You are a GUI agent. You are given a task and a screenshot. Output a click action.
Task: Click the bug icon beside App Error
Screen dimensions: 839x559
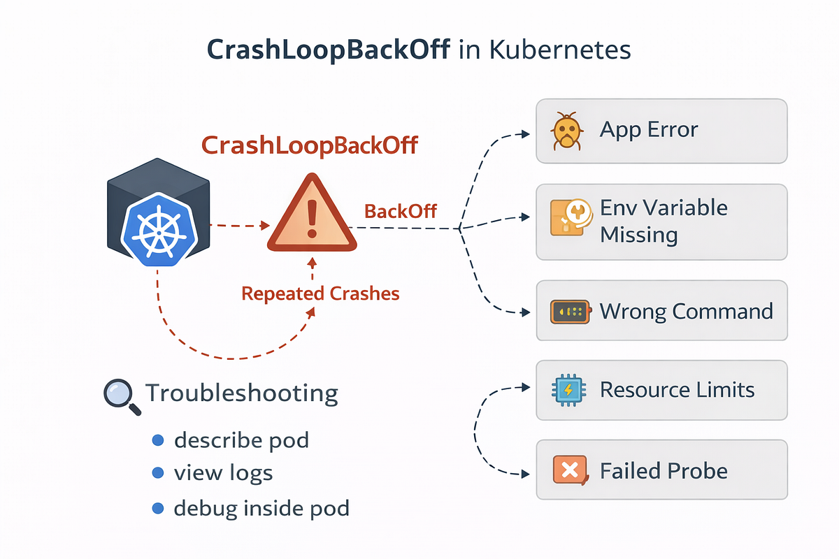(x=567, y=131)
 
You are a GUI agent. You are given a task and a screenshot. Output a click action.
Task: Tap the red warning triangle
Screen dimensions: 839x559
(x=312, y=213)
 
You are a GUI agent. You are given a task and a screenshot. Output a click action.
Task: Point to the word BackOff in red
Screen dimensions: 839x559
(x=401, y=211)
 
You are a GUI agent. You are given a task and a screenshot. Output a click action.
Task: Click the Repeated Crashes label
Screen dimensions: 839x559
(x=320, y=293)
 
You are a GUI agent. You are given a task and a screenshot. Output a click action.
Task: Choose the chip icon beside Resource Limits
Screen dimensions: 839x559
(x=568, y=390)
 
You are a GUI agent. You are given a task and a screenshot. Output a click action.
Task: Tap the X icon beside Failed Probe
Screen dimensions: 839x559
(x=570, y=470)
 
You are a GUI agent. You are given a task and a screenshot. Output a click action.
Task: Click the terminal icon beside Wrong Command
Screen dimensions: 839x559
(x=571, y=312)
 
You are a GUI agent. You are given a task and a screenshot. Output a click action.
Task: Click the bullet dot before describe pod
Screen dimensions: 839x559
(x=158, y=440)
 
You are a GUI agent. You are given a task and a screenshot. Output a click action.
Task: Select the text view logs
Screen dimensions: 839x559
(x=223, y=473)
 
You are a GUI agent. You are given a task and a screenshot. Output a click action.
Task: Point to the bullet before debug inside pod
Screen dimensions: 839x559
(x=158, y=509)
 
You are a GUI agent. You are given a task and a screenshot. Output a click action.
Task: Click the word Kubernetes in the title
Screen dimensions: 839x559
(x=560, y=50)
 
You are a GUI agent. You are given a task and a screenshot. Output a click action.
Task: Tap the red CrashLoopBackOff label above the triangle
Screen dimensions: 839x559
(x=309, y=145)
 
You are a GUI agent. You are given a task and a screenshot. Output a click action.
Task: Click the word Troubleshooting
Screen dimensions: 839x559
(x=242, y=394)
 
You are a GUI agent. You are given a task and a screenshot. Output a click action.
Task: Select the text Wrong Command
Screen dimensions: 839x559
(x=686, y=311)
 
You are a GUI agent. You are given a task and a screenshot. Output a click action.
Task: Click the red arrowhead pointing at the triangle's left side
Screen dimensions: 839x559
(x=265, y=226)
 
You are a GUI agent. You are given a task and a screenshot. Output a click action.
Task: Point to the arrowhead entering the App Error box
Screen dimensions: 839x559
(x=526, y=133)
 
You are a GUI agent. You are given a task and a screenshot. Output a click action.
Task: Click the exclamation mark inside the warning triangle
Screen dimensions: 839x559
(x=312, y=219)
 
